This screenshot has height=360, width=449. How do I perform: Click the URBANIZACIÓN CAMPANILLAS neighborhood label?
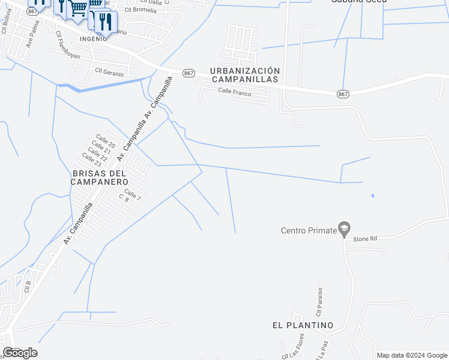coord(244,74)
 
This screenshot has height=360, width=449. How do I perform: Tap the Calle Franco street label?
coord(235,91)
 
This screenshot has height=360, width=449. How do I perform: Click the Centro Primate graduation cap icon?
coord(344,228)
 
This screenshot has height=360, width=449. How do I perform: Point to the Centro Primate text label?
coord(309,230)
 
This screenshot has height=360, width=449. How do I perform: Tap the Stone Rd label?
coord(365,239)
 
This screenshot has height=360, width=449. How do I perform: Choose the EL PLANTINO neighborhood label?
coord(303,325)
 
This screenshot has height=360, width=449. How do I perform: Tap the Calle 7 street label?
coord(133,194)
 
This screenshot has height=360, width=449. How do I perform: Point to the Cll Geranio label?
coord(109,72)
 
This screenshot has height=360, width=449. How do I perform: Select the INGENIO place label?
coord(93,37)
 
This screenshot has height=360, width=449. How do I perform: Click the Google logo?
coord(20,353)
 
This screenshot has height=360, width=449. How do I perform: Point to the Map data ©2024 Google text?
coord(412,355)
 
